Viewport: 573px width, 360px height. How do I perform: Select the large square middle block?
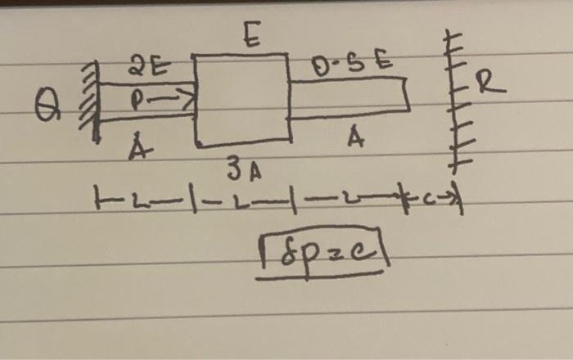[241, 100]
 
